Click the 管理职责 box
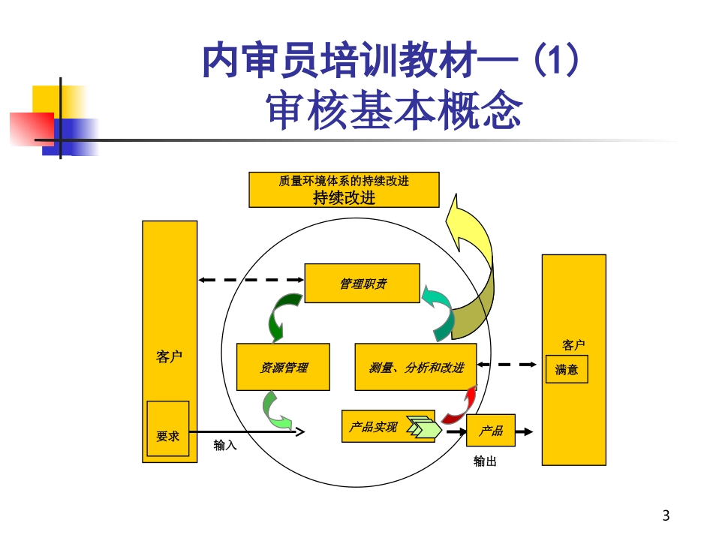362,283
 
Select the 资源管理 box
283,367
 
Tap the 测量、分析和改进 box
415,367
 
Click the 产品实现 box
373,427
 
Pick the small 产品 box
491,431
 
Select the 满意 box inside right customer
567,370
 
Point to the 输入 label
225,445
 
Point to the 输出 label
485,461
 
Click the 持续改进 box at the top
344,190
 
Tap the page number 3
666,515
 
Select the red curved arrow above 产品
461,406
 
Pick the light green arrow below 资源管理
275,410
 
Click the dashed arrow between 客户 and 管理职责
251,281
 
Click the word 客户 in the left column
170,356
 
